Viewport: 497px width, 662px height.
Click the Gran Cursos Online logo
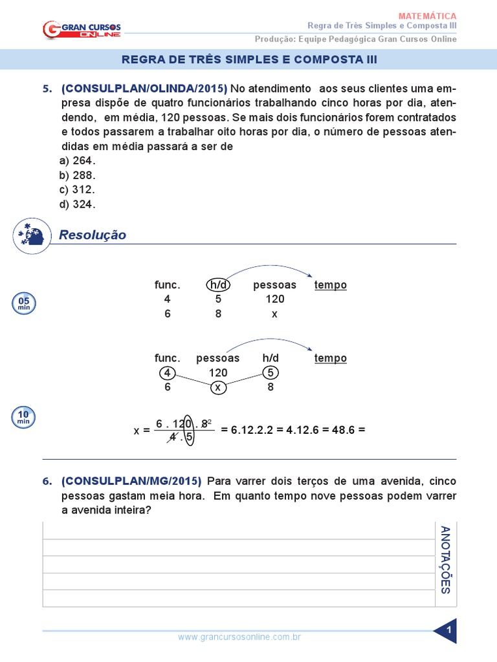pos(82,28)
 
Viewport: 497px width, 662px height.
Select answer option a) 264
pos(77,161)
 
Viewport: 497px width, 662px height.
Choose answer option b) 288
pos(77,175)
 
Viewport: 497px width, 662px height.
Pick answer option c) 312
pos(77,189)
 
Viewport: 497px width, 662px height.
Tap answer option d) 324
pos(77,204)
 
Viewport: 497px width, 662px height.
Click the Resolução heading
pos(93,235)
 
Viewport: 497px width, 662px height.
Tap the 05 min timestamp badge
pos(23,303)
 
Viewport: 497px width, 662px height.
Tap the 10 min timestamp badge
pos(23,418)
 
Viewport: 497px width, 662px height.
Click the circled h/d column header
pos(218,285)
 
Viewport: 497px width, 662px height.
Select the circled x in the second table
pos(218,387)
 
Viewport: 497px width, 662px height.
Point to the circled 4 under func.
pos(167,372)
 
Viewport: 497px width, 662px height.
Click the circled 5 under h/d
pos(270,372)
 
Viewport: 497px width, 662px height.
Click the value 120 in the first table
pos(274,299)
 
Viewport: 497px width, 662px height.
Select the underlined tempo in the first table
pos(330,285)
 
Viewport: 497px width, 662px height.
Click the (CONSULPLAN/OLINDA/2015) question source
pos(144,89)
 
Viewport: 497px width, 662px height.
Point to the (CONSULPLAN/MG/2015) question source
pos(131,481)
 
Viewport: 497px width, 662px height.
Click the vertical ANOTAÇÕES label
pos(445,560)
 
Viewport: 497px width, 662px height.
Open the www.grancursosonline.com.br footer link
pos(239,637)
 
